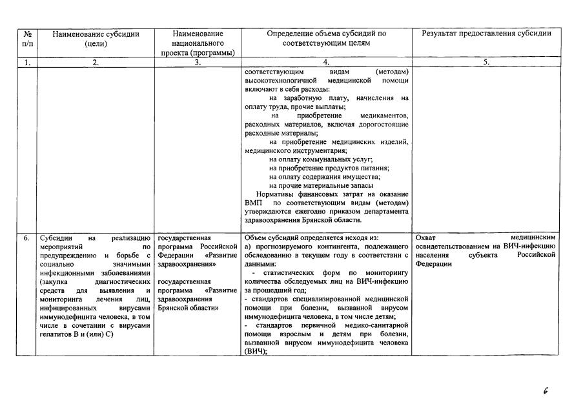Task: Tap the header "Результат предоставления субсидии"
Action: (486, 34)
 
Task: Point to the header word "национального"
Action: (198, 43)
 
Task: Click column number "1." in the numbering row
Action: (26, 63)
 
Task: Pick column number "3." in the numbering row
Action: (198, 63)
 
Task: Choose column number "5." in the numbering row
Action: (486, 63)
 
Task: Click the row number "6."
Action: (26, 238)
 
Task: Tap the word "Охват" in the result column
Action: (427, 238)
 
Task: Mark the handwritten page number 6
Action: (546, 390)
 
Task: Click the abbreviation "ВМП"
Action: (254, 203)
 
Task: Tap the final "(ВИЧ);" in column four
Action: (256, 352)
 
